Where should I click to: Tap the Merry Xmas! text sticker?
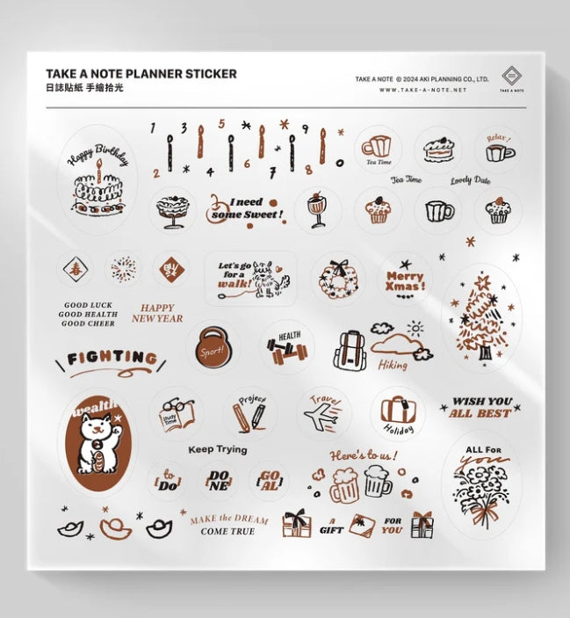[x=405, y=281]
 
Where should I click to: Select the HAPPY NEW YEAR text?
[x=157, y=313]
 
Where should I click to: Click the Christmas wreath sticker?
[x=338, y=278]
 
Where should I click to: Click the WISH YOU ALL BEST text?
[x=480, y=407]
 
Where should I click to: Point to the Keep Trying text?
[x=217, y=449]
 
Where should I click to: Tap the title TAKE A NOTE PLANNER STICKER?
[x=141, y=75]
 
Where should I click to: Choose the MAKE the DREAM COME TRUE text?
[x=228, y=525]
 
